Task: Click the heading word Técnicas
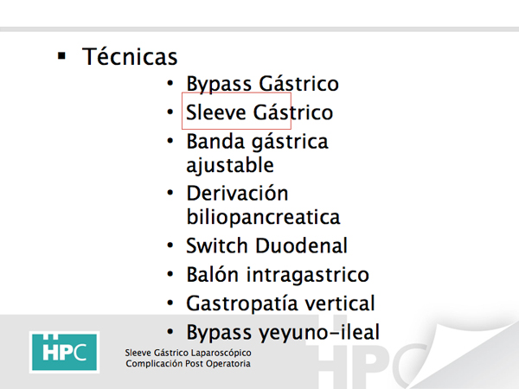(x=130, y=56)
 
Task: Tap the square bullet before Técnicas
(x=61, y=55)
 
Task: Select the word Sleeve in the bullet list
(x=215, y=112)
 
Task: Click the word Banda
(x=215, y=141)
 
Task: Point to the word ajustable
(x=230, y=166)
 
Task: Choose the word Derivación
(x=237, y=193)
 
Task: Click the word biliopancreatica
(x=264, y=218)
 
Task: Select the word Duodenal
(x=302, y=246)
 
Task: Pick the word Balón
(x=213, y=274)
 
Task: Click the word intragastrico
(x=308, y=275)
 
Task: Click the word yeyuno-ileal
(x=319, y=333)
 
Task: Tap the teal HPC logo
(x=64, y=352)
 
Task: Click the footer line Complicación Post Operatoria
(x=188, y=364)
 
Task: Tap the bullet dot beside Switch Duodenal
(x=170, y=246)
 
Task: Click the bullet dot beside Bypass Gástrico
(x=170, y=83)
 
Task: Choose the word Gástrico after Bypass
(x=299, y=83)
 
